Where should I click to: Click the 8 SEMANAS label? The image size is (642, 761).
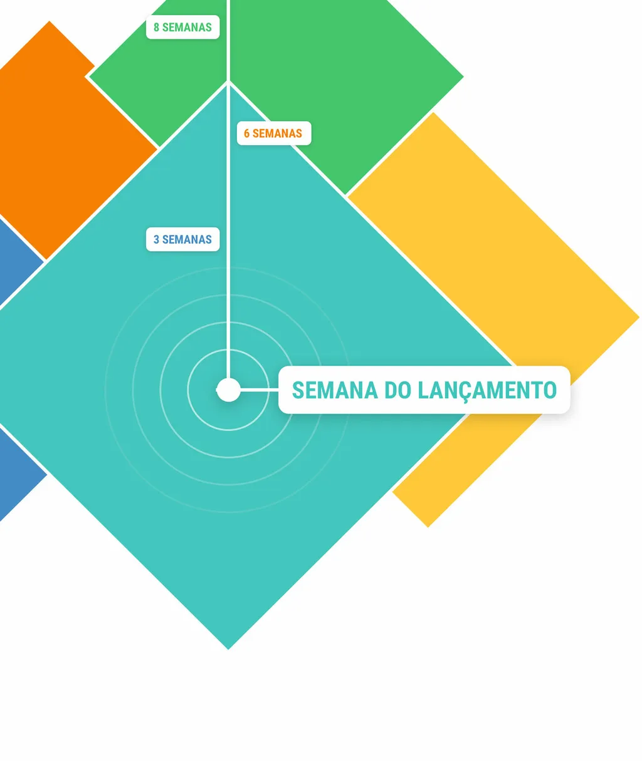point(182,27)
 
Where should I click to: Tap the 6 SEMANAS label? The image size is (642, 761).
point(274,133)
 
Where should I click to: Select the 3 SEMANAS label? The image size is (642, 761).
point(182,239)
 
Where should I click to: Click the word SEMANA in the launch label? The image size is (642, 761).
point(335,390)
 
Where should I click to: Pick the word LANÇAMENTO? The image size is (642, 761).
point(487,391)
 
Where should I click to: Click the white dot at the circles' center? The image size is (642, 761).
point(228,390)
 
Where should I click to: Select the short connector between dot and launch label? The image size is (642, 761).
point(260,390)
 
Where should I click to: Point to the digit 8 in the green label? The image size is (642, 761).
point(156,28)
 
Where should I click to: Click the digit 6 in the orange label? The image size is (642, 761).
point(246,133)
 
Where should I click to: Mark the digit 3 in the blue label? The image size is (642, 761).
point(156,239)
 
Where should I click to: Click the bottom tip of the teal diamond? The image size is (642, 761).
point(228,649)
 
